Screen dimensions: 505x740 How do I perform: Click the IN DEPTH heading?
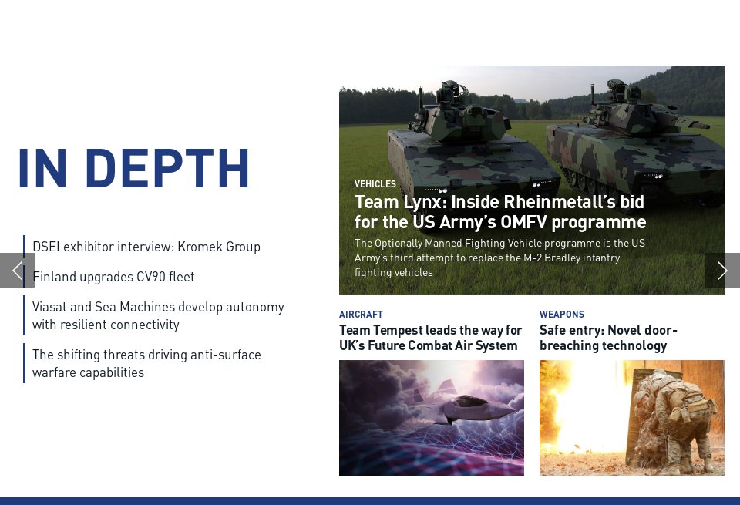point(133,168)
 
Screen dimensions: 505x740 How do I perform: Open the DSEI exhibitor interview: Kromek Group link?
point(146,247)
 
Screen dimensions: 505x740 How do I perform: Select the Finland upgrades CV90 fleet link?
point(113,277)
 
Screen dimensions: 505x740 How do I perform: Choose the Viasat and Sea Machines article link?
point(158,315)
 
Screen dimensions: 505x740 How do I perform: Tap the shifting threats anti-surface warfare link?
point(146,363)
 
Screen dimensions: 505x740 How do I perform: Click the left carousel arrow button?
point(17,270)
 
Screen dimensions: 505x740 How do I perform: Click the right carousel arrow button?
point(722,270)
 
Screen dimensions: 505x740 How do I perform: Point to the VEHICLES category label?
point(375,184)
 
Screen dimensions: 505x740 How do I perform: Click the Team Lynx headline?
point(499,212)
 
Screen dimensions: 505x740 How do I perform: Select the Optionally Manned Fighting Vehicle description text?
point(499,258)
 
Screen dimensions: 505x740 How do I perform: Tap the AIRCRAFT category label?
point(361,315)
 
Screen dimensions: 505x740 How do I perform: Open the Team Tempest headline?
point(430,338)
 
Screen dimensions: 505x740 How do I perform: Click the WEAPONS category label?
point(562,315)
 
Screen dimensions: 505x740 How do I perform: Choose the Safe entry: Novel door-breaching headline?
point(608,338)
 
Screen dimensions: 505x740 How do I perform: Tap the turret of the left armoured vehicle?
point(455,116)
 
